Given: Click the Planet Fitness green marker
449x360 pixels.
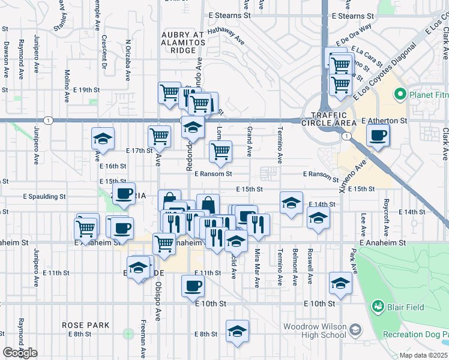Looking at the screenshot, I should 400,95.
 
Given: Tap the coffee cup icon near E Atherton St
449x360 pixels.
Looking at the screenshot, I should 378,136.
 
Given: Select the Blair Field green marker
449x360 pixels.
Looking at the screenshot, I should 378,307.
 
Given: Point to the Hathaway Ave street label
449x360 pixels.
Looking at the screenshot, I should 226,36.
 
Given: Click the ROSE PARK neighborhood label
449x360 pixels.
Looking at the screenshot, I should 85,325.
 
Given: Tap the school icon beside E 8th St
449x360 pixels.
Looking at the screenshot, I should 237,331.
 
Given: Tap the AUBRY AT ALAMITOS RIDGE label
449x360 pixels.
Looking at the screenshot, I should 183,43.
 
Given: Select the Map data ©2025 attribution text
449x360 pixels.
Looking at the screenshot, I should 424,355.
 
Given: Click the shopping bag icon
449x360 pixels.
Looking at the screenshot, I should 208,204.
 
